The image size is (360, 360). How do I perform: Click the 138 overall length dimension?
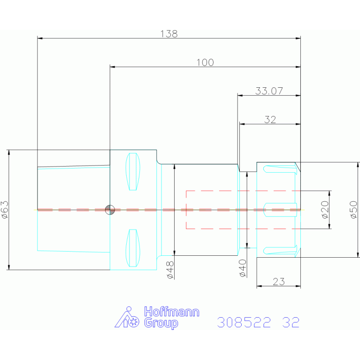point(169,34)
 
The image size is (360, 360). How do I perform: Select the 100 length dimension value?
point(205,62)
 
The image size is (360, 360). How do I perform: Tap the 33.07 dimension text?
point(269,91)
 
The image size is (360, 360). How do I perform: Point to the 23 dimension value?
point(279,282)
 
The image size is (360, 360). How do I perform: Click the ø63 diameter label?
point(5,210)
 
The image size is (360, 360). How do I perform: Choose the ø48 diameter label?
point(170,270)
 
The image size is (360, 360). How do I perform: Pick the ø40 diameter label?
point(243,268)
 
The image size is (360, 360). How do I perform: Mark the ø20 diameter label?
point(325,210)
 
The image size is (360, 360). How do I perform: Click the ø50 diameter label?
point(354,210)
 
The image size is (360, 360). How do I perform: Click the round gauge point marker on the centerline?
point(110,210)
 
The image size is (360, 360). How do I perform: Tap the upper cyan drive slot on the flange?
point(133,171)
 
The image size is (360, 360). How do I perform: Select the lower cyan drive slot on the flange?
point(133,248)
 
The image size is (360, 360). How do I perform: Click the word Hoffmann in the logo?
point(172,312)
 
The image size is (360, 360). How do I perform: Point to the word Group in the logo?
point(161,323)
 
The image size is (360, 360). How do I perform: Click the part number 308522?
point(244,322)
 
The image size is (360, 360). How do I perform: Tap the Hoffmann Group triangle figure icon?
point(127,317)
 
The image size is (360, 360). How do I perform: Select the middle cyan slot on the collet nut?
point(280,210)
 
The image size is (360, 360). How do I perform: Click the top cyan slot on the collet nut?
point(280,169)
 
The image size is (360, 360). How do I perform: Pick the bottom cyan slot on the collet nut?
point(280,250)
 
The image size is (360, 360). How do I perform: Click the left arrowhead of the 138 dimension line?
point(40,38)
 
